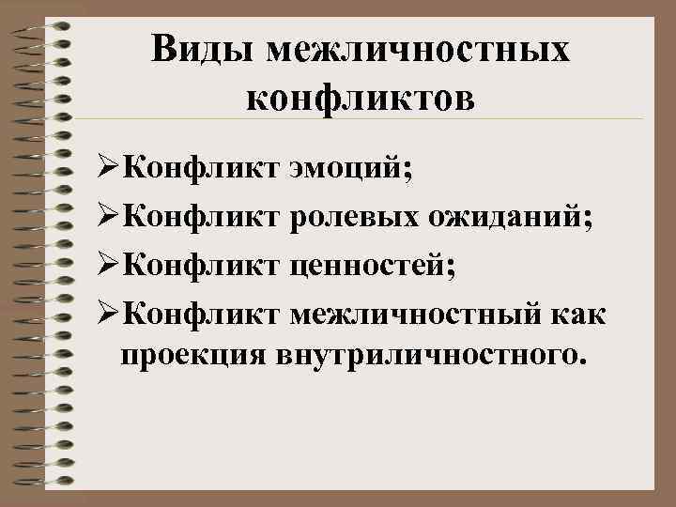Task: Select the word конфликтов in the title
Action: [361, 97]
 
